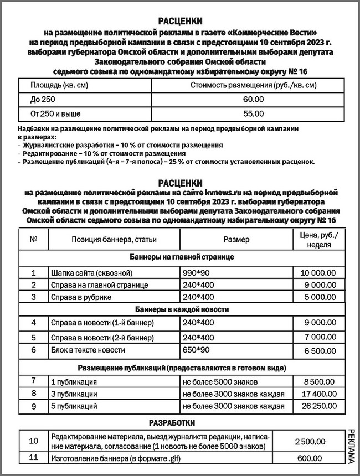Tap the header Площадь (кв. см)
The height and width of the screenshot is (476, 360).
(x=54, y=85)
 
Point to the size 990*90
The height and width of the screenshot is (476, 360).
(x=198, y=273)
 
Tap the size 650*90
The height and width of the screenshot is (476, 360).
(x=198, y=350)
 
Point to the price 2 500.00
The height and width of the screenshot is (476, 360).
(x=309, y=441)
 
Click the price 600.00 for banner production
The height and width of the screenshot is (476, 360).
(x=309, y=458)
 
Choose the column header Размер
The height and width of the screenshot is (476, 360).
(x=236, y=240)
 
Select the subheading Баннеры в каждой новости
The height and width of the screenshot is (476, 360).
(x=179, y=309)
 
